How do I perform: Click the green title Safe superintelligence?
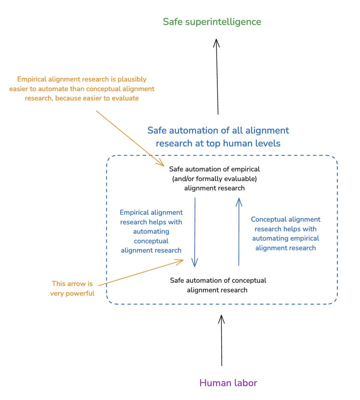(x=212, y=22)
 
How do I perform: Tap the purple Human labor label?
(x=228, y=383)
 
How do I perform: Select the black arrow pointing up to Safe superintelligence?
(x=217, y=77)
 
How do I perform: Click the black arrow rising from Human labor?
(x=221, y=340)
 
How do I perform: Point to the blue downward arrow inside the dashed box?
(x=194, y=232)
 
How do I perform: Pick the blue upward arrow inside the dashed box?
(x=239, y=232)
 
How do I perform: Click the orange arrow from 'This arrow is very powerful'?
(x=141, y=273)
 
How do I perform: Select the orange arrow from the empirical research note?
(x=130, y=138)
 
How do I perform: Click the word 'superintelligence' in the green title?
(x=223, y=22)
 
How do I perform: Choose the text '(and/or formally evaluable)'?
(x=214, y=179)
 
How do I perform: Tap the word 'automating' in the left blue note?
(x=151, y=232)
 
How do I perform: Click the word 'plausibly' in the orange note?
(x=132, y=79)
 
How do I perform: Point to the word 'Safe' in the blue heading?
(x=157, y=131)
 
